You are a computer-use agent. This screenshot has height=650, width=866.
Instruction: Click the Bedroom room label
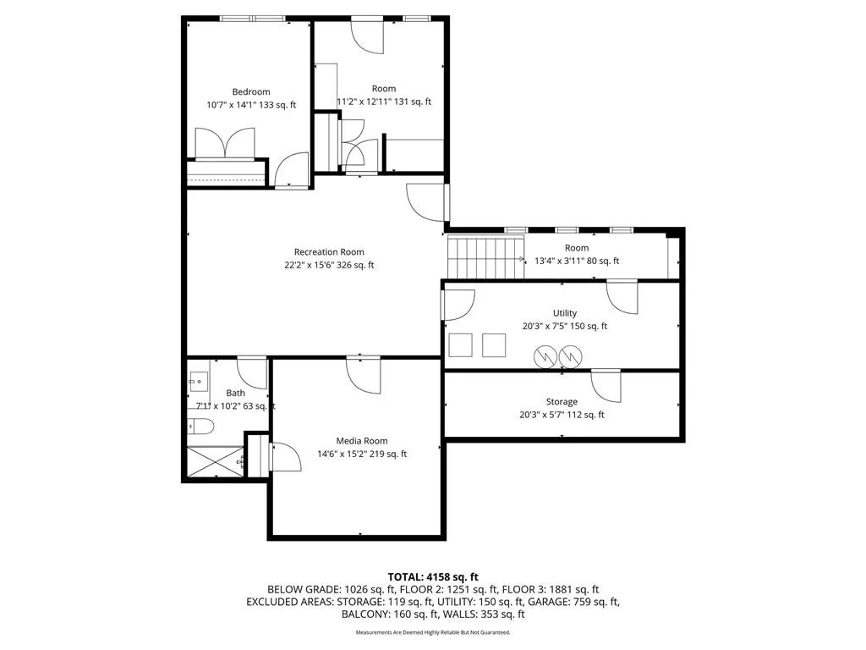tap(250, 91)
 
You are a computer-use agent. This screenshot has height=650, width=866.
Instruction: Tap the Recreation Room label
tap(329, 252)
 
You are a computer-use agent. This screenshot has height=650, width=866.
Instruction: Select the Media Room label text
tap(362, 441)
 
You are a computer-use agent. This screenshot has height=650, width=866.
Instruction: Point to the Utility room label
tap(564, 313)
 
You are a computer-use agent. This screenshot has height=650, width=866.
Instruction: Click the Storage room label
tap(562, 402)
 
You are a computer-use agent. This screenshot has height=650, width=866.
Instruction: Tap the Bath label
tap(235, 393)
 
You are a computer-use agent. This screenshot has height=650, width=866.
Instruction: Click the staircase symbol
tap(485, 258)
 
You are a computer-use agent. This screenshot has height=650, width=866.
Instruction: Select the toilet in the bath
tap(200, 427)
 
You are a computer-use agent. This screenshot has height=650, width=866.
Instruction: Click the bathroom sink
tap(198, 382)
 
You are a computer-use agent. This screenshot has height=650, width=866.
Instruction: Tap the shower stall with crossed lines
tap(216, 461)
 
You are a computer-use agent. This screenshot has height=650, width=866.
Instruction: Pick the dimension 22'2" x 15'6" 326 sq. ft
tap(329, 265)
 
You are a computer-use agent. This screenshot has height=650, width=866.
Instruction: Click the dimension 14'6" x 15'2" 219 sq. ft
tap(362, 454)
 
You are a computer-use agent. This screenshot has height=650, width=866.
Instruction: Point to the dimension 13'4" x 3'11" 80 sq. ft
tap(577, 261)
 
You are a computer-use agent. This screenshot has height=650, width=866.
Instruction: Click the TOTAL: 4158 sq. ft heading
tap(433, 577)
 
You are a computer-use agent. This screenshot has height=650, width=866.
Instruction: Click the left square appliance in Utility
tap(460, 345)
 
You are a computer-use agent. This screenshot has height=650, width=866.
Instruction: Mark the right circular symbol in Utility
tap(570, 357)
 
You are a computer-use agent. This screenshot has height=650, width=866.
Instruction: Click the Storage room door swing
tap(606, 386)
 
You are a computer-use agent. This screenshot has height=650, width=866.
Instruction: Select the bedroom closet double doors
tap(225, 144)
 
